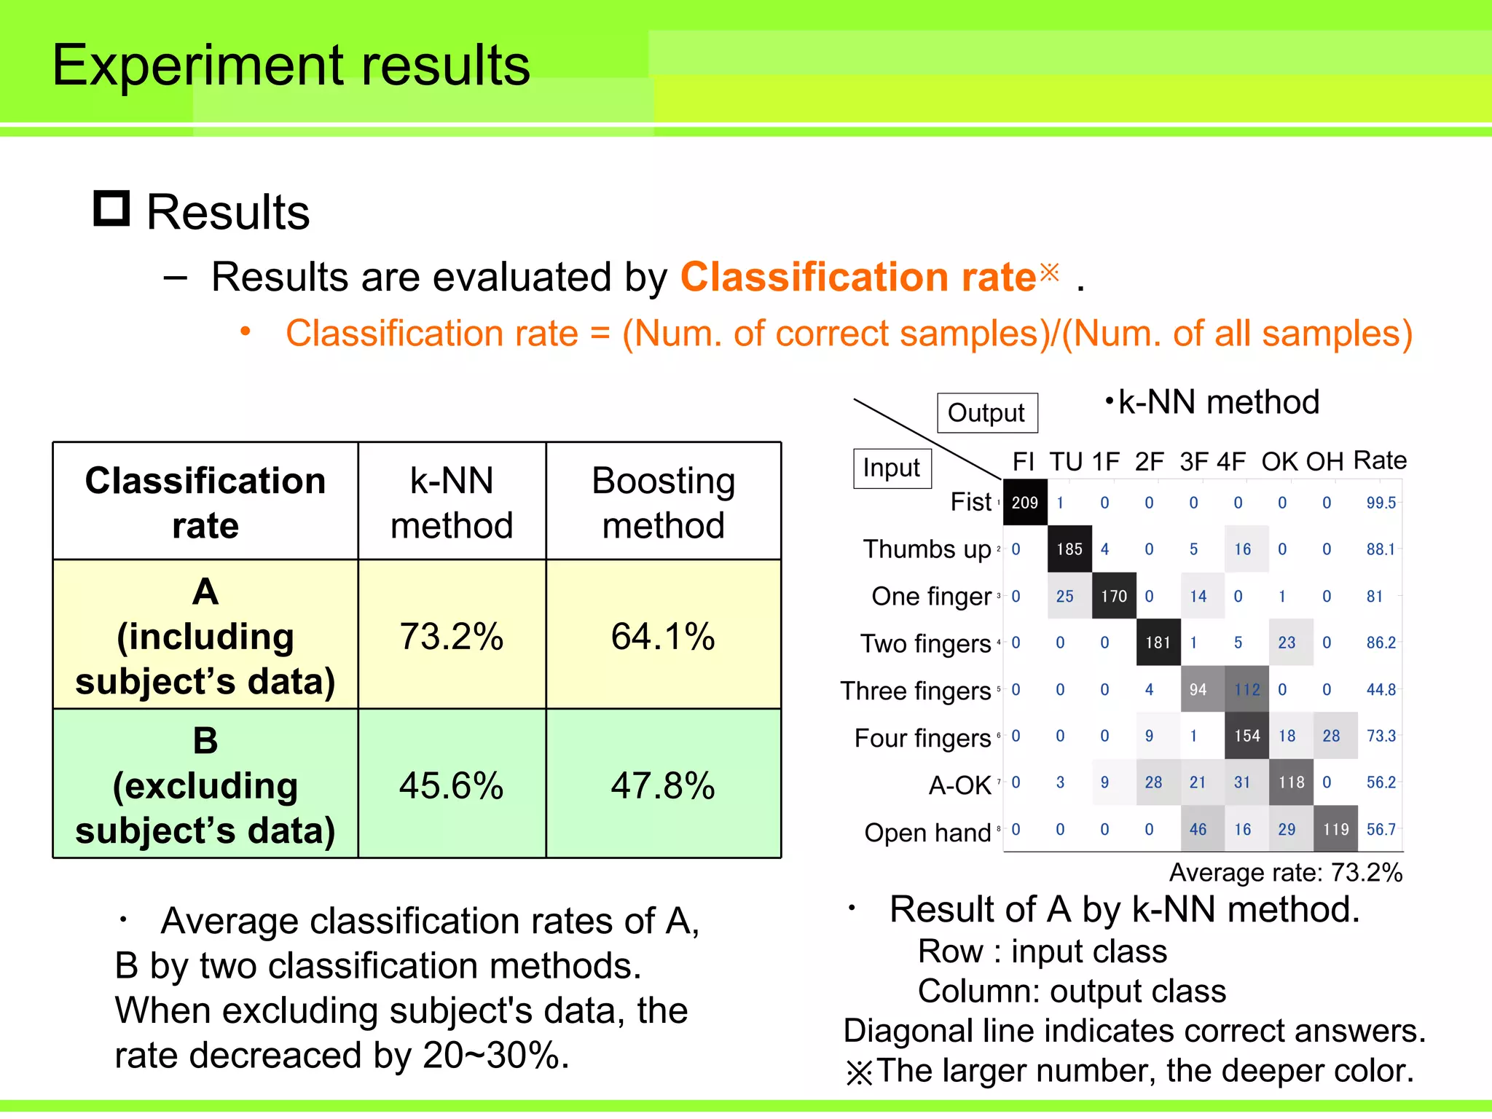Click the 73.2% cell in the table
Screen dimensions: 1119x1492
(451, 636)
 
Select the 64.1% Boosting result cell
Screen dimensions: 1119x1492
(663, 636)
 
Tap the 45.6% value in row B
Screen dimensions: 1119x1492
(451, 785)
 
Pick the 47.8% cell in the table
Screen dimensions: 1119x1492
(663, 785)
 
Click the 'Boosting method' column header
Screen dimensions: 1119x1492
(663, 502)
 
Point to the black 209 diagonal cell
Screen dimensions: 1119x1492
(1025, 503)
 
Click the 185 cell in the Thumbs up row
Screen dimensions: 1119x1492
(1069, 549)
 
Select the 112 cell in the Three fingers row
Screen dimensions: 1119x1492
(1246, 689)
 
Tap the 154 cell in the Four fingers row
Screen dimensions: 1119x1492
(1246, 736)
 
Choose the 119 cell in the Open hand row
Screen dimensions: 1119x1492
(1335, 829)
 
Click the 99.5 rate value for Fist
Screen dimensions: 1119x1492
(1381, 503)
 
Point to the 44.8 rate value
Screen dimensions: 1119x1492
(1381, 689)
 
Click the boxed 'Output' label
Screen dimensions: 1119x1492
(986, 413)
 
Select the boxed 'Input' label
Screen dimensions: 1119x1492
(892, 468)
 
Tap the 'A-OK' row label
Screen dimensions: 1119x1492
(959, 785)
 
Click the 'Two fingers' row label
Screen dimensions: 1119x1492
(925, 643)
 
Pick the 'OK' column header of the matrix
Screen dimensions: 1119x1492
(1280, 462)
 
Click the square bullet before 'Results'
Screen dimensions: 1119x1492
(111, 208)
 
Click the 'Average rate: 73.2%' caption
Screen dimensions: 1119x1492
(1286, 872)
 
